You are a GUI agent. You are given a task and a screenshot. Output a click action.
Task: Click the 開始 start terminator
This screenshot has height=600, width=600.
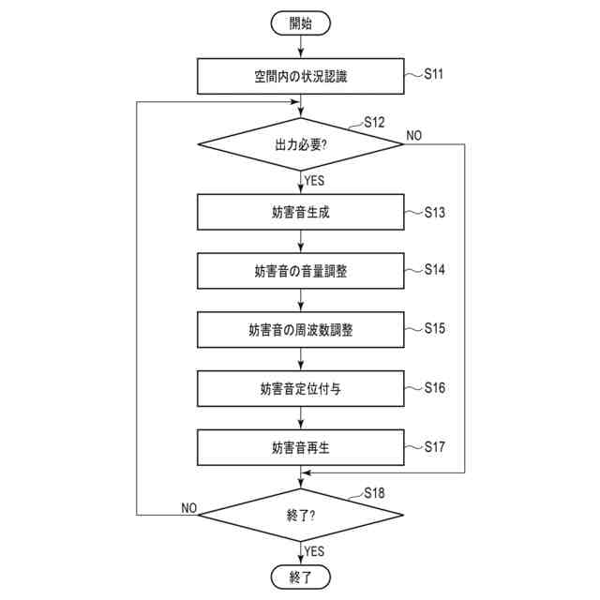300,22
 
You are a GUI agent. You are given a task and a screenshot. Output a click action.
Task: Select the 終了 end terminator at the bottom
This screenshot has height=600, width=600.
300,576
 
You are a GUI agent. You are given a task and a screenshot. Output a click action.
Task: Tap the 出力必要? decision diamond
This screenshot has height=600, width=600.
300,145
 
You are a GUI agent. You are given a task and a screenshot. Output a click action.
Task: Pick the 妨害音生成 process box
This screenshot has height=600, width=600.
300,212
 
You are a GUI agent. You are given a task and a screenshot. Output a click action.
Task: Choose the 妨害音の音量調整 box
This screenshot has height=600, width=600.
300,271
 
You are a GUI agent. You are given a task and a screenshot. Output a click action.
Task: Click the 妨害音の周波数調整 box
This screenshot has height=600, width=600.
300,330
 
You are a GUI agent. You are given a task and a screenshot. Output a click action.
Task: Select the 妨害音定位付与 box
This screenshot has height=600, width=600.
300,388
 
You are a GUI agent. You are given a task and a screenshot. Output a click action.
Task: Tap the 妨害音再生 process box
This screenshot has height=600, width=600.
300,447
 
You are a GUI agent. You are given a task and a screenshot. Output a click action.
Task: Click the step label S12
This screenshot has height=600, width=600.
374,123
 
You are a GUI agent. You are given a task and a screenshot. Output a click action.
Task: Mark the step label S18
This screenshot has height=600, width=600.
374,492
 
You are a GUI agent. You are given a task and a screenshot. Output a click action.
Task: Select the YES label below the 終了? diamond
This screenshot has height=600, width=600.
315,550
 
